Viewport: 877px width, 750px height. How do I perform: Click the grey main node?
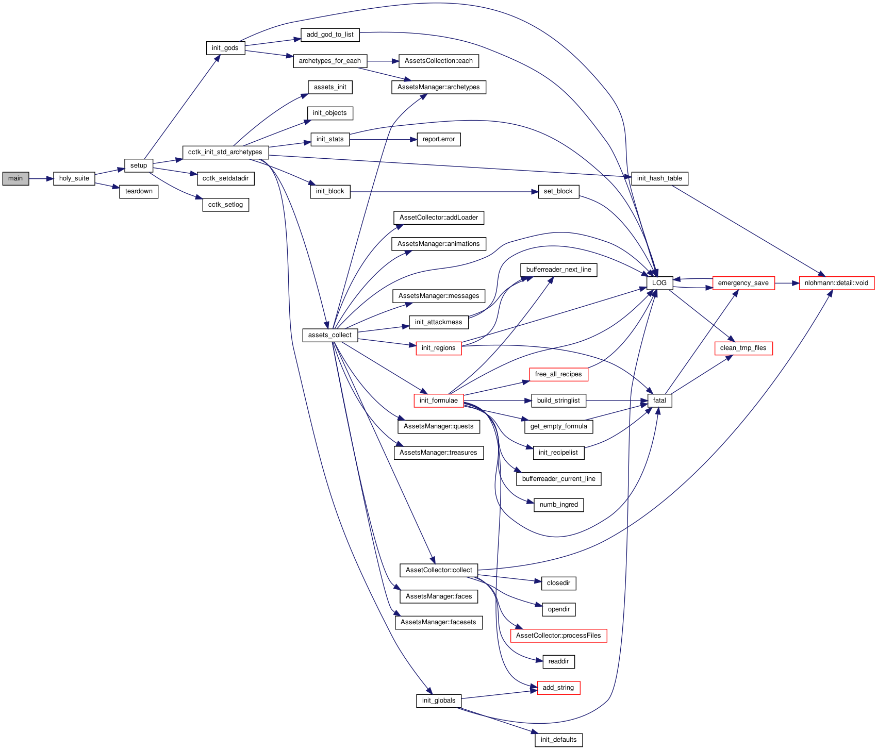[x=15, y=178]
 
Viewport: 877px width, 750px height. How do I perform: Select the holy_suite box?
[x=74, y=178]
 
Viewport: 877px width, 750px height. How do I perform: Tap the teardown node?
[x=139, y=192]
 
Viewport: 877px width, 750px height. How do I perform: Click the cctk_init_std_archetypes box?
[x=225, y=152]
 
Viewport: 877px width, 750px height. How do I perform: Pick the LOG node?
[x=659, y=283]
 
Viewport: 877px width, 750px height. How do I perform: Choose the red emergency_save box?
[x=743, y=283]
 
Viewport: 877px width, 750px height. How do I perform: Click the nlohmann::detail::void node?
[x=836, y=283]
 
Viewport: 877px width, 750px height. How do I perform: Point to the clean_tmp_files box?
[x=743, y=348]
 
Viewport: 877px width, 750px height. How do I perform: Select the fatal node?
[x=659, y=401]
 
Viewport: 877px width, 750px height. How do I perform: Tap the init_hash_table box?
[x=659, y=178]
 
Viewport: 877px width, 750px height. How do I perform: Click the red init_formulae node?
[x=439, y=401]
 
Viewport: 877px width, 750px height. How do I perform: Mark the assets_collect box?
[x=330, y=335]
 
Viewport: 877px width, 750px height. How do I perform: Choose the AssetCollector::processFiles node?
[x=558, y=636]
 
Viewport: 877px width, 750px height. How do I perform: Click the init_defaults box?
[x=558, y=740]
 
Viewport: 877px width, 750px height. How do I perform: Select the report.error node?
[x=439, y=139]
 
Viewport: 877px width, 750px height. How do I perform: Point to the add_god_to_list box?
[x=330, y=35]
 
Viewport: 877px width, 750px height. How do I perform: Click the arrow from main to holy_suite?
[x=41, y=178]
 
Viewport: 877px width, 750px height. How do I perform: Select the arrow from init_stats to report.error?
[x=383, y=139]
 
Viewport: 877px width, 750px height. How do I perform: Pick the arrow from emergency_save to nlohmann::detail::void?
[x=787, y=283]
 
